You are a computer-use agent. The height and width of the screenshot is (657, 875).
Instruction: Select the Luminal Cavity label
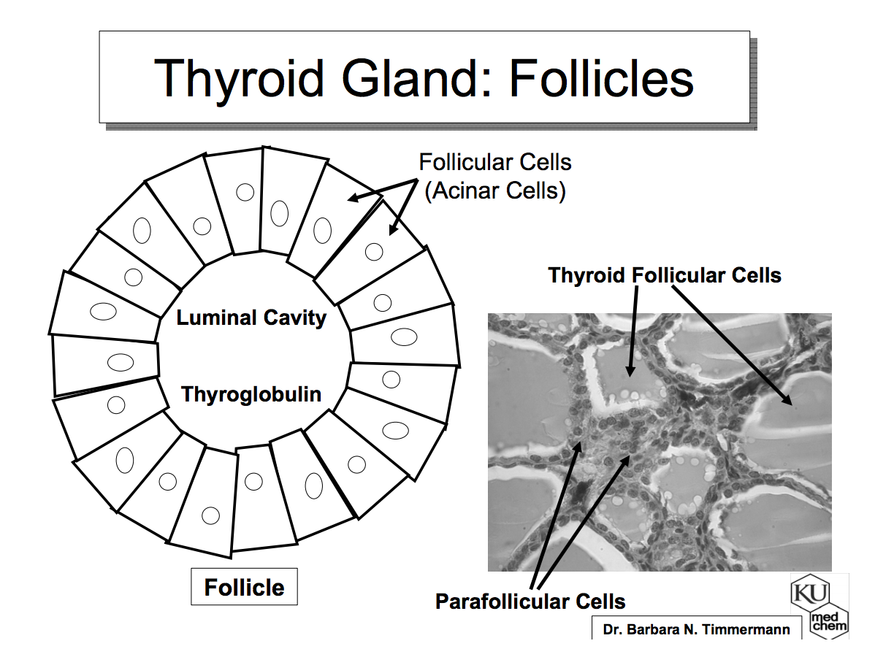(x=251, y=318)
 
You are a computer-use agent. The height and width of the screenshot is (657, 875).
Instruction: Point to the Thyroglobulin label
(x=251, y=394)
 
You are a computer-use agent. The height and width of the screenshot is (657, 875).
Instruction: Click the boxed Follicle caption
(x=244, y=587)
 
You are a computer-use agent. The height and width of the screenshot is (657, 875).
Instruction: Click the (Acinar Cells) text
(x=494, y=191)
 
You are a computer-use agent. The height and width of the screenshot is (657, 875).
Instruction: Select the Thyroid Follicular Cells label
(x=665, y=275)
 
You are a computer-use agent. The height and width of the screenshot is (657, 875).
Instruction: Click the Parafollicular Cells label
(x=530, y=602)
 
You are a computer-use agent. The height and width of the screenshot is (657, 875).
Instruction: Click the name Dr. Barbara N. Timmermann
(x=696, y=629)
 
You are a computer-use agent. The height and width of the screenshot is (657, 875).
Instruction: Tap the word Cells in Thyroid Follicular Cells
(x=755, y=275)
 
